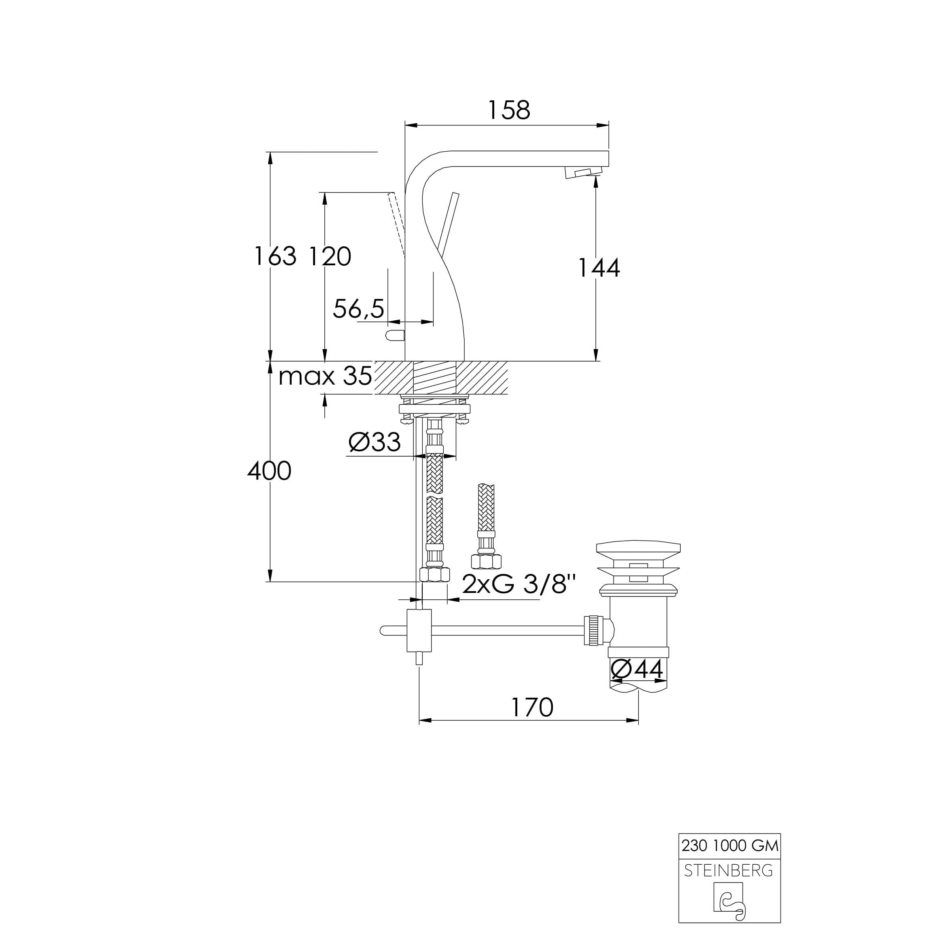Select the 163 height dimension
[275, 256]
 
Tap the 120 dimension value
[330, 256]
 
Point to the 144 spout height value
[599, 268]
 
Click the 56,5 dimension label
[358, 309]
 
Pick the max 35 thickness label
[325, 377]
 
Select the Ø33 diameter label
[375, 442]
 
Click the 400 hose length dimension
[269, 471]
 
